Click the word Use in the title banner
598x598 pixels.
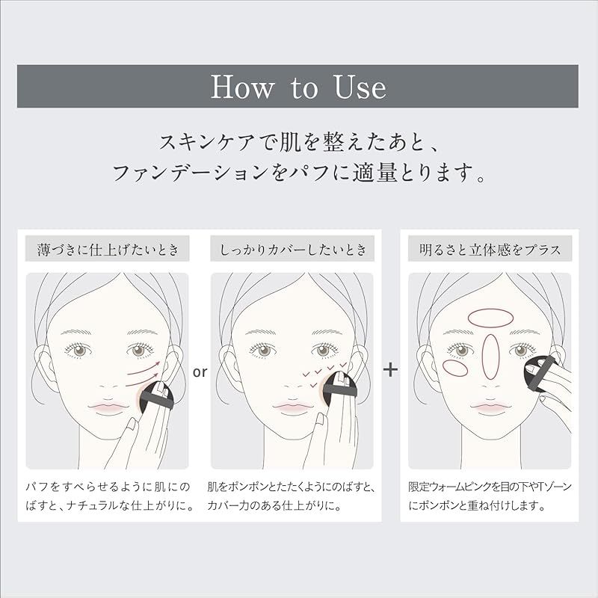(360, 87)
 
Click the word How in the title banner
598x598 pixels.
(242, 87)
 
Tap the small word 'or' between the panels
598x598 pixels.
(200, 372)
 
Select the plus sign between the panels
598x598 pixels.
(390, 369)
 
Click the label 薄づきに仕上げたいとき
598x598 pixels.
(108, 250)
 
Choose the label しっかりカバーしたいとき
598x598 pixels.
(293, 250)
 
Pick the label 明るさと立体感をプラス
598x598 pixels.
(490, 250)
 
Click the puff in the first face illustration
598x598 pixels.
(156, 398)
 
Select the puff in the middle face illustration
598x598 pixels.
(340, 388)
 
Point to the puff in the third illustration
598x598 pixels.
(540, 372)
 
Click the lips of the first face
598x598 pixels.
(108, 407)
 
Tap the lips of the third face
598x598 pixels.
(490, 407)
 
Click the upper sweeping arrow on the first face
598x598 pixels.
(144, 368)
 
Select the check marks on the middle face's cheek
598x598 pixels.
(324, 373)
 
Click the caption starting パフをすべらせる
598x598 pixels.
(108, 496)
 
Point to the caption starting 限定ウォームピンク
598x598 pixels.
(490, 496)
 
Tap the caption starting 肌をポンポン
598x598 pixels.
(292, 496)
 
